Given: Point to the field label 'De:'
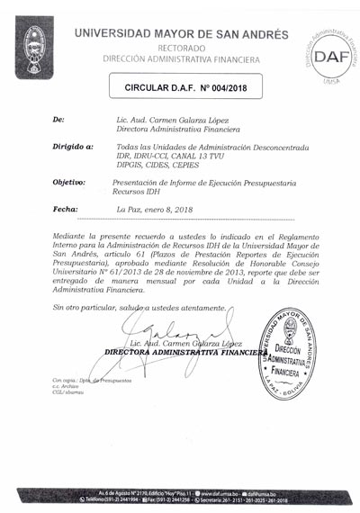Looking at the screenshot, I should pos(59,119).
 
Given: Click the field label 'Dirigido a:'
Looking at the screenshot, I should pos(73,146).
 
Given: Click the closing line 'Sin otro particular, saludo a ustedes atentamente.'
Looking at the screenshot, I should pos(139,308).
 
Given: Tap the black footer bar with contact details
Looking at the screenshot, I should pos(180,496).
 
